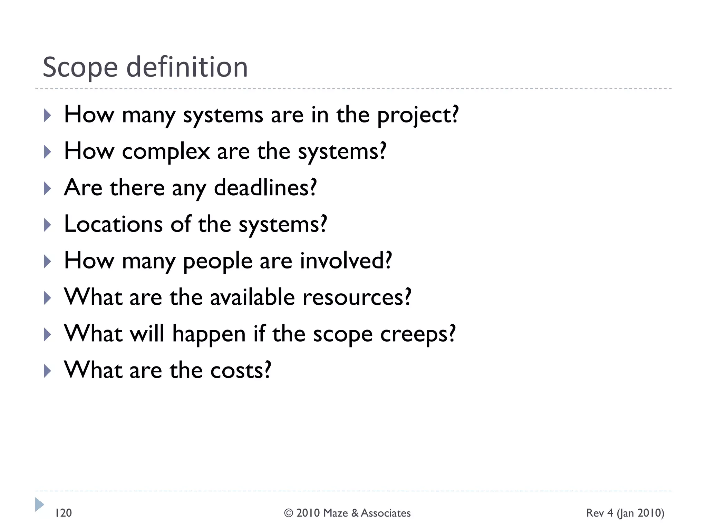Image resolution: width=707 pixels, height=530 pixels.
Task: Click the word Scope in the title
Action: pos(80,68)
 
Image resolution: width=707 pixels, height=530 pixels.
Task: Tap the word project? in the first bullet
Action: pos(418,116)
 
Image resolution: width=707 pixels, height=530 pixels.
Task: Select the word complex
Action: pos(166,152)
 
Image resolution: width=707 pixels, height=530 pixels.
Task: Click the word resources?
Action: pos(357,298)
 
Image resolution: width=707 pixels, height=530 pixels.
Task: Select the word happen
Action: pos(209,335)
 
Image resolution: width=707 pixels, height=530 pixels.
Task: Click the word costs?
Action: pos(241,371)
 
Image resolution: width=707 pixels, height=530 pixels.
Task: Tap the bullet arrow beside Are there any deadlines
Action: pos(48,188)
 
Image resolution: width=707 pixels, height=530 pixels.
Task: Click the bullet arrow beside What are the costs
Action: pos(48,371)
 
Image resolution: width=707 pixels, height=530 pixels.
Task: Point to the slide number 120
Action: pos(64,513)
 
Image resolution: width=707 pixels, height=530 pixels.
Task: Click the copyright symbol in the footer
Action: pos(289,513)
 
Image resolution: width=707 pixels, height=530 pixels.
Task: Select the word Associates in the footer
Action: pos(386,513)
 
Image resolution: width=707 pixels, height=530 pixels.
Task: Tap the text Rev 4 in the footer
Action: pos(599,513)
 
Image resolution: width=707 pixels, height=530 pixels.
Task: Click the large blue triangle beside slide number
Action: pos(39,504)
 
